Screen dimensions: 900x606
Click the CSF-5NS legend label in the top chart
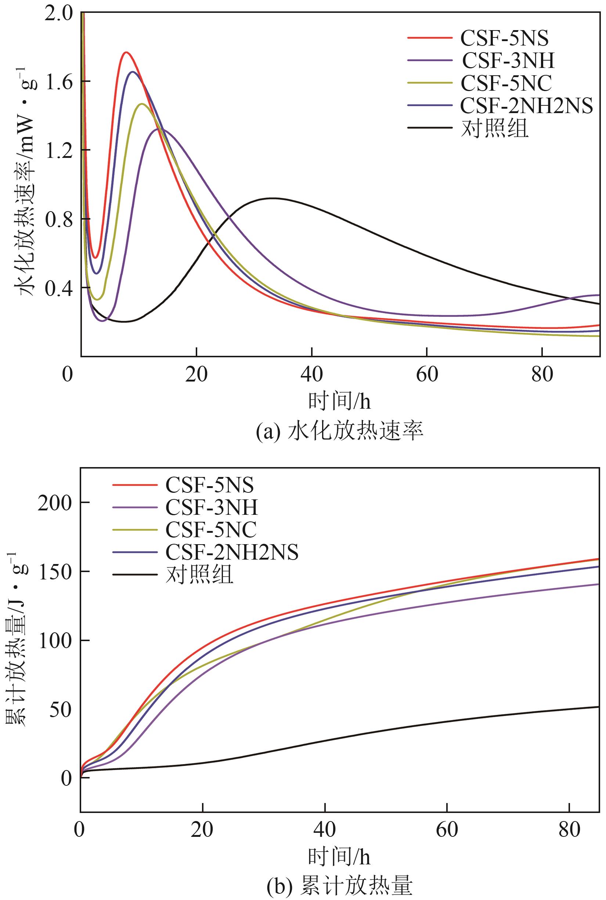(504, 38)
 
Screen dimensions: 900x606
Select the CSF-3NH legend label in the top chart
(508, 60)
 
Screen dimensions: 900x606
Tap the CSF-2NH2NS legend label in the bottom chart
(232, 552)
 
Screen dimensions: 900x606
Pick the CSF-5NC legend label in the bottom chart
(211, 529)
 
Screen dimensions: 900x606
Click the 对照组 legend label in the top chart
(495, 128)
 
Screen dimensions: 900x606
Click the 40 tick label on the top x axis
(311, 375)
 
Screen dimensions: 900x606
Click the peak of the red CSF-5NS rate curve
(126, 52)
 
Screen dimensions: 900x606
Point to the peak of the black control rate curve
(273, 198)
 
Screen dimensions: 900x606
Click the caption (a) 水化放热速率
(340, 431)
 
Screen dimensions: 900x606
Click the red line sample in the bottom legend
(135, 485)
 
